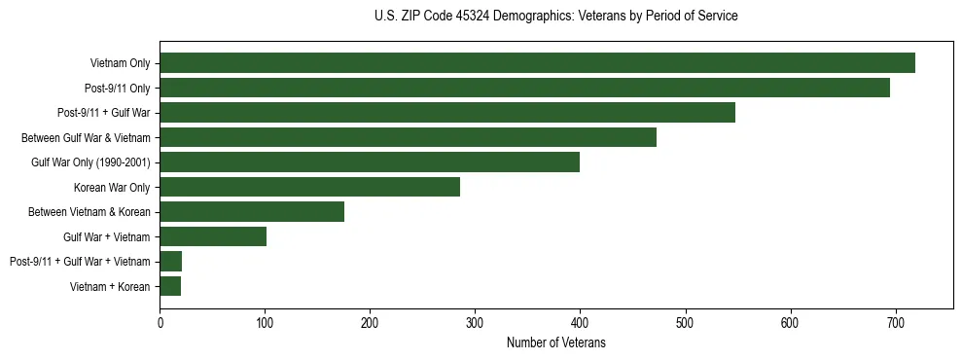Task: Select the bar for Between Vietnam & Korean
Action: click(252, 212)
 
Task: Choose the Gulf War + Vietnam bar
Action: click(213, 236)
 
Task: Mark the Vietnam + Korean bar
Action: click(170, 286)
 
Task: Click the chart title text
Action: click(555, 17)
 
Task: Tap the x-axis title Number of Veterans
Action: click(555, 342)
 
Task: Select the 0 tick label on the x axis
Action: click(160, 322)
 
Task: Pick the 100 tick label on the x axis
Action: click(265, 322)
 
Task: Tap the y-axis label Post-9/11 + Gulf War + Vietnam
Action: click(80, 262)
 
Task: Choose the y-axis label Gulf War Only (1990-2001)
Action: click(90, 162)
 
